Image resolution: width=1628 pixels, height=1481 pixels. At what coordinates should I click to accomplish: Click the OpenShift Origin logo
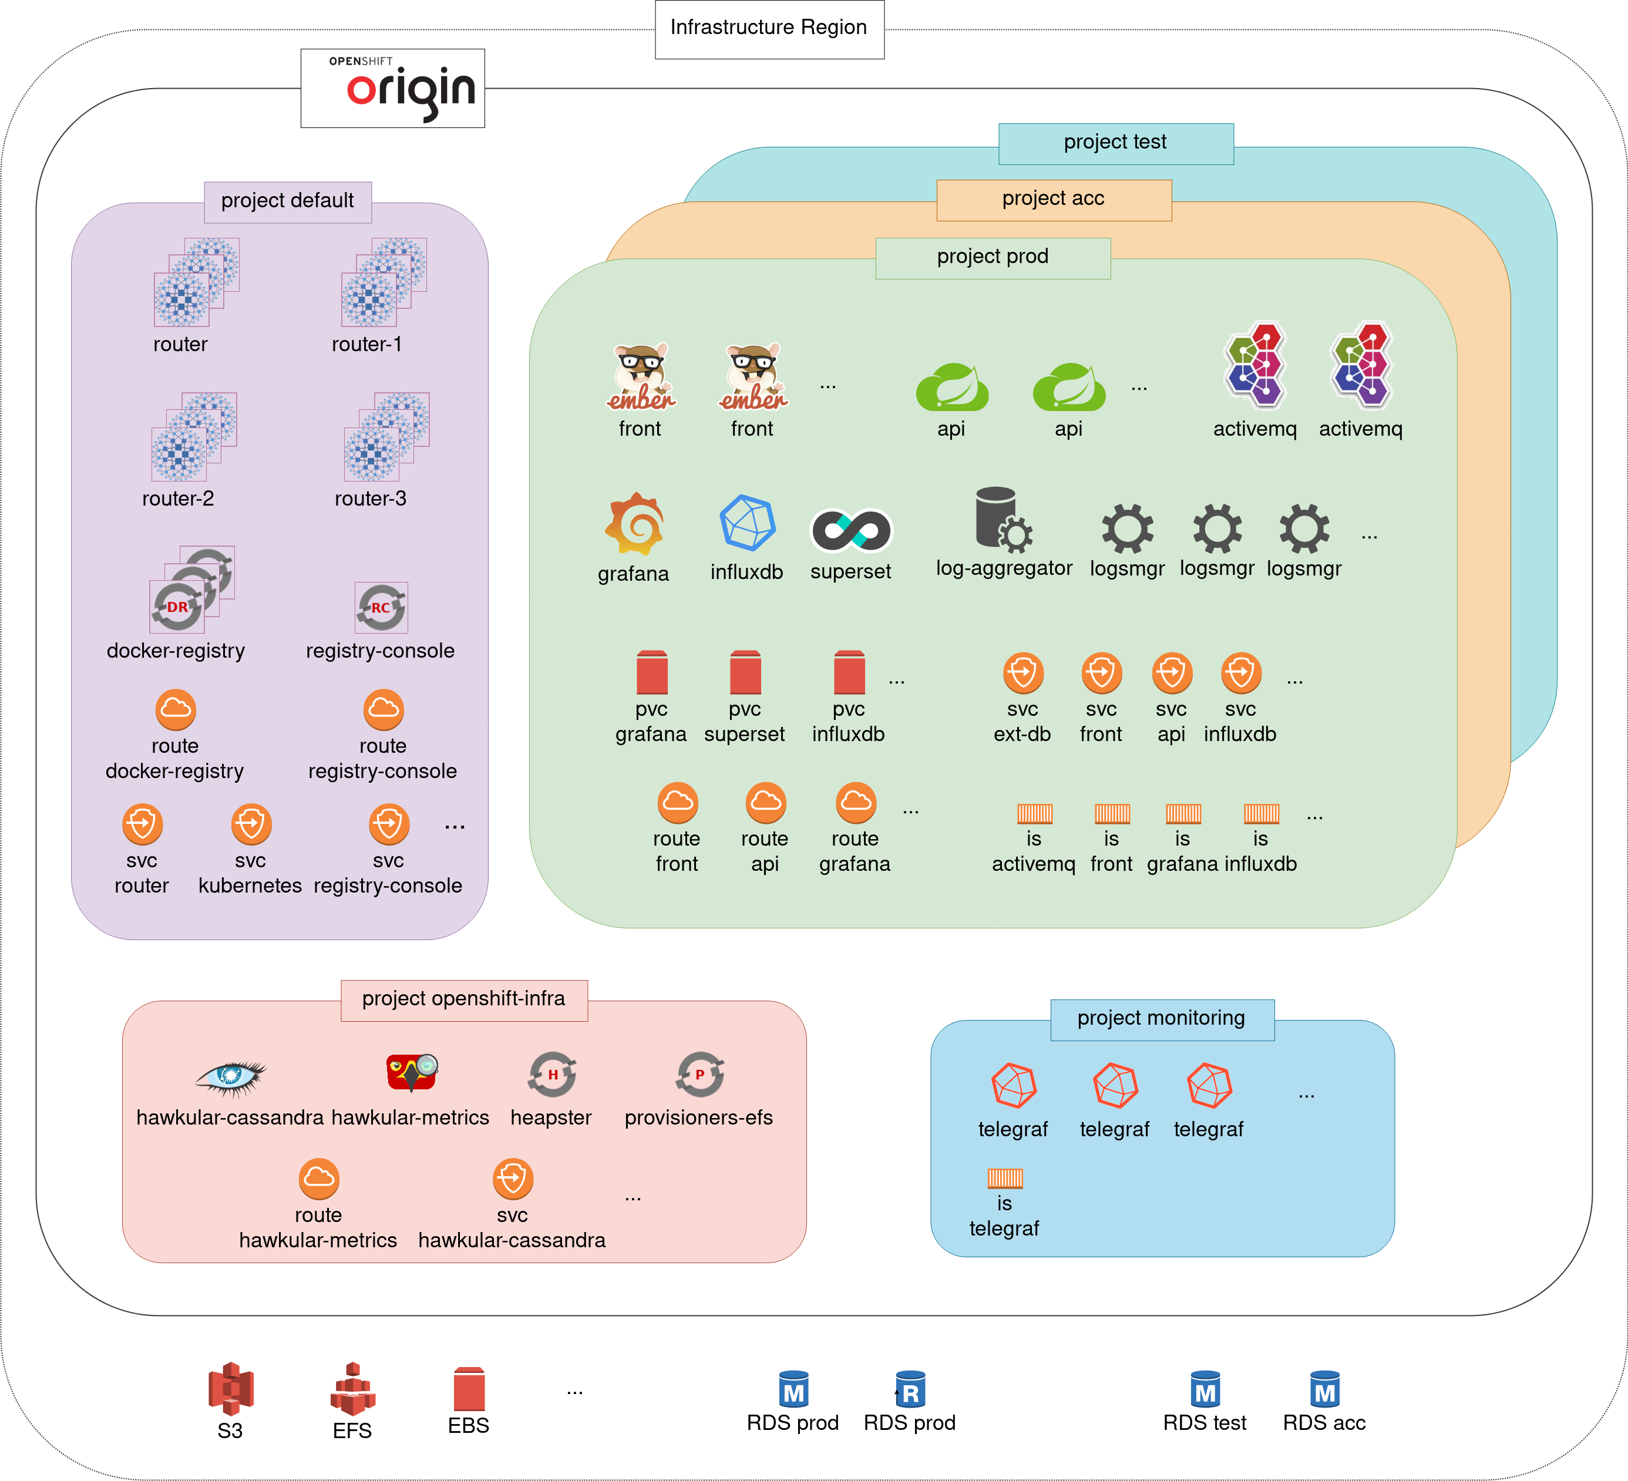392,88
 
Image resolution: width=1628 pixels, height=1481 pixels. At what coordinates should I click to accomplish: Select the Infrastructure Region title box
769,28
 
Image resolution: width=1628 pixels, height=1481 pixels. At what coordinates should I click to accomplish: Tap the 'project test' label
1115,143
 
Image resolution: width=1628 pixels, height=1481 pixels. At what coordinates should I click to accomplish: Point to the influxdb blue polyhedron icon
747,523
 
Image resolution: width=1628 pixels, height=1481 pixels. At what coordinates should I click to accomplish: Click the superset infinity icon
850,530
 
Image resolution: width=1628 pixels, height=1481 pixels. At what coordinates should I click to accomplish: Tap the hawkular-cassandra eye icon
231,1076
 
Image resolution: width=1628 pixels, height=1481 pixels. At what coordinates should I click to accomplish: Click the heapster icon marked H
552,1075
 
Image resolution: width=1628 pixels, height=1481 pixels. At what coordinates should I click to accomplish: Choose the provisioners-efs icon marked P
700,1075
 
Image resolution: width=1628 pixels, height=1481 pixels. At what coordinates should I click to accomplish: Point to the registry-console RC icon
381,607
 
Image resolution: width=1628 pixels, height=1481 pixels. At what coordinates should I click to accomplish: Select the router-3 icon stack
386,437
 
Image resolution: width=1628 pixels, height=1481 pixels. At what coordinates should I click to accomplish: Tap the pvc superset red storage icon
745,672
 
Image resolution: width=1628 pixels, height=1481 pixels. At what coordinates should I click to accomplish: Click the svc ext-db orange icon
1023,672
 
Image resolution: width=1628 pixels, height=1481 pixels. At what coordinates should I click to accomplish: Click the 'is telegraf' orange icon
1004,1178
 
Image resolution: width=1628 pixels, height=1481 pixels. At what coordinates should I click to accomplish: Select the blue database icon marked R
910,1389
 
